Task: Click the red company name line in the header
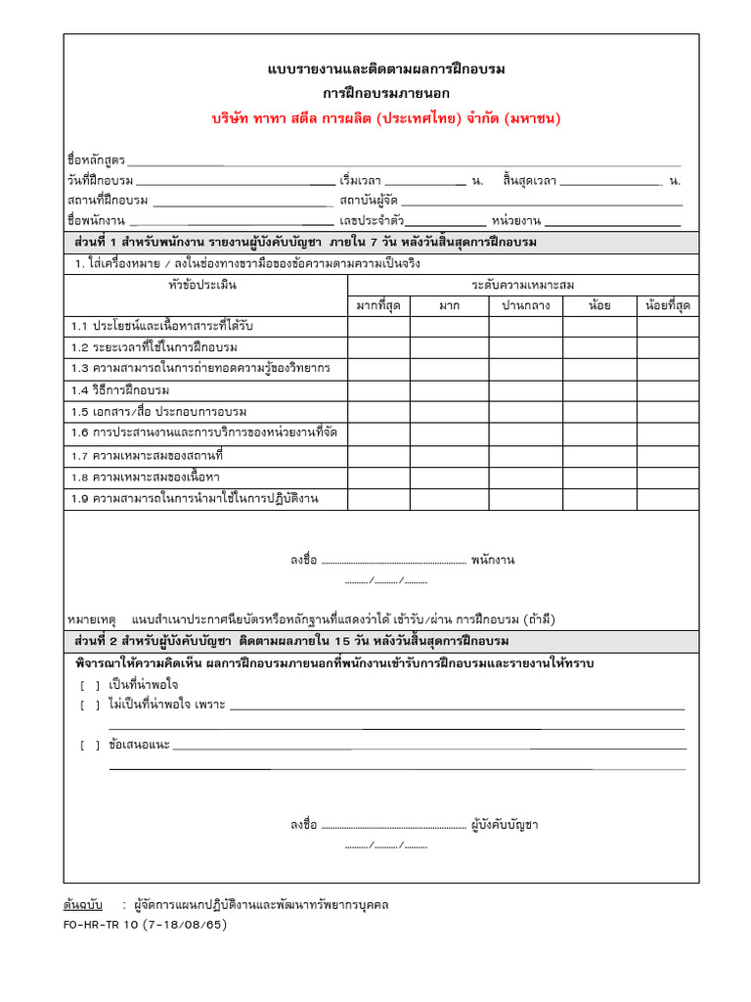(386, 118)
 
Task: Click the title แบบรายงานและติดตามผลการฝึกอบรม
(386, 69)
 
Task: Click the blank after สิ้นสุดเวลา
(611, 181)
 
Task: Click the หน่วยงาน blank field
(613, 221)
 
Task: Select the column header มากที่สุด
(378, 305)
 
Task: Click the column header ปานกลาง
(526, 305)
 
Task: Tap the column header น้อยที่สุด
(668, 305)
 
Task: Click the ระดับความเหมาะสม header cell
(523, 285)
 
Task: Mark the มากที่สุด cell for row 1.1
(378, 325)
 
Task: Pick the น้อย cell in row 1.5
(599, 411)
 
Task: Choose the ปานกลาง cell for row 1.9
(526, 499)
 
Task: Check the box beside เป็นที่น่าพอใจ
(90, 685)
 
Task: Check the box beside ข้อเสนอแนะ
(90, 746)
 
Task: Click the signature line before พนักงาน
(393, 561)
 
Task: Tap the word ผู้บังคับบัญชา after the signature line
(505, 825)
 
